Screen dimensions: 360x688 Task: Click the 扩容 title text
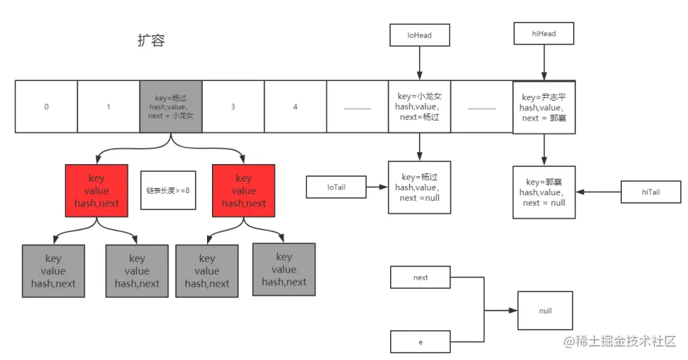pos(151,40)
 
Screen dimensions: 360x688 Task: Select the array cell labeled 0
pos(46,107)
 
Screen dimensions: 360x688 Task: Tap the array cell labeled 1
pos(108,107)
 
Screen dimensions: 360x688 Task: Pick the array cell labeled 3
pos(233,107)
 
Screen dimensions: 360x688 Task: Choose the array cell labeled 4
pos(295,107)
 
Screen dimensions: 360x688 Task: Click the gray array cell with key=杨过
pos(171,106)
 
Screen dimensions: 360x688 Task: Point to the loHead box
pos(420,35)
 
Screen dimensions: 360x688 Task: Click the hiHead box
pos(544,33)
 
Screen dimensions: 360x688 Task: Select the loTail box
pos(336,187)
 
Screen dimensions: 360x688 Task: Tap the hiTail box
pos(651,192)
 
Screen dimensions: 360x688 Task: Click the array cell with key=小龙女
pos(419,106)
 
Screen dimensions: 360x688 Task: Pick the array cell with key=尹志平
pos(544,107)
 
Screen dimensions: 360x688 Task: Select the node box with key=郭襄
pos(544,192)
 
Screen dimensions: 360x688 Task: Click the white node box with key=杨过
pos(419,187)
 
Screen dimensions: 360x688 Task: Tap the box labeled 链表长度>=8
pos(168,190)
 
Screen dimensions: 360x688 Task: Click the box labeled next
pos(420,278)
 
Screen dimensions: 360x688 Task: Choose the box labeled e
pos(420,342)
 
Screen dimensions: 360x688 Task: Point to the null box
pos(545,310)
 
